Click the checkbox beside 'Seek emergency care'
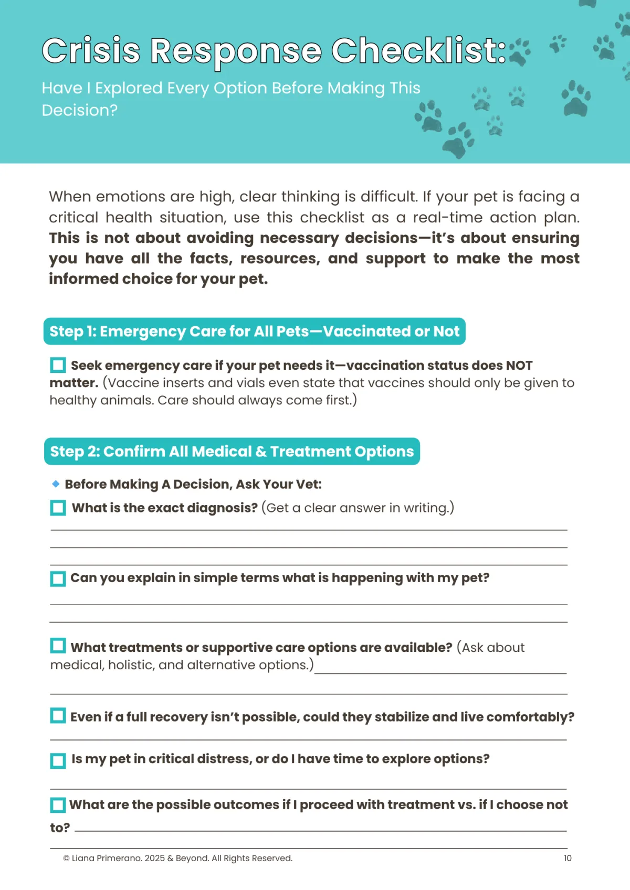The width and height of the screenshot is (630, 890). point(58,365)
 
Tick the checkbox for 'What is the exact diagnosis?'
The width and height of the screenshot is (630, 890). point(58,508)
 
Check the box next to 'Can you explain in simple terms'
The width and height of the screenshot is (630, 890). point(58,578)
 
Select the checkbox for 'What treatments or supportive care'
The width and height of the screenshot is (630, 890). point(58,646)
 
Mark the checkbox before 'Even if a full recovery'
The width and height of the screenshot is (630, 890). point(58,716)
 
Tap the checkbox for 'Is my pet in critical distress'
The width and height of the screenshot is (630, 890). point(58,760)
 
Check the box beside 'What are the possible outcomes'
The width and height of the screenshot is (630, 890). point(58,805)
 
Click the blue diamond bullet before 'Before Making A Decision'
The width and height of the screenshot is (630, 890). point(56,484)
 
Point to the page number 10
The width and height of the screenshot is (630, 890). point(568,859)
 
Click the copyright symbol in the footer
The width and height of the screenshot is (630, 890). point(67,859)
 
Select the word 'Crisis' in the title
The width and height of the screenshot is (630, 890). point(91,51)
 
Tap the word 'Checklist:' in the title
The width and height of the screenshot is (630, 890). point(418,51)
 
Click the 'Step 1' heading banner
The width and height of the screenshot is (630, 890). point(254,331)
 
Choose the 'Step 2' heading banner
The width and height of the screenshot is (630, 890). point(232,452)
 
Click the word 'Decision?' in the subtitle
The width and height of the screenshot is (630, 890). point(80,110)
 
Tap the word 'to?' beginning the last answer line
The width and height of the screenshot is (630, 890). point(60,828)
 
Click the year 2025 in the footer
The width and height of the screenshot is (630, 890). point(155,859)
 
